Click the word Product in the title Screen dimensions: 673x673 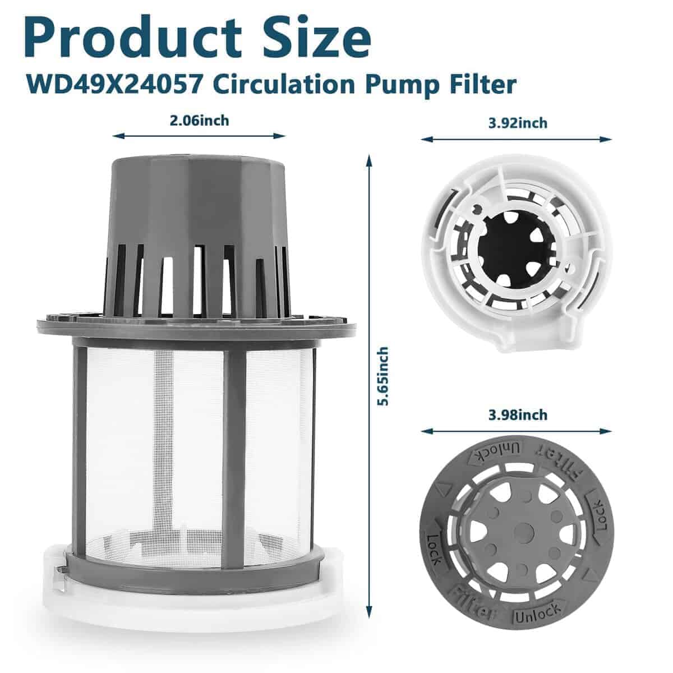click(x=133, y=37)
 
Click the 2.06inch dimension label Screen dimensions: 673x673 click(x=200, y=121)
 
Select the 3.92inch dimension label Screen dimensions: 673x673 click(x=518, y=123)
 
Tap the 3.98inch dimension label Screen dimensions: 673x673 click(x=518, y=415)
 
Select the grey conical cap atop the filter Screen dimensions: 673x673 click(x=197, y=234)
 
